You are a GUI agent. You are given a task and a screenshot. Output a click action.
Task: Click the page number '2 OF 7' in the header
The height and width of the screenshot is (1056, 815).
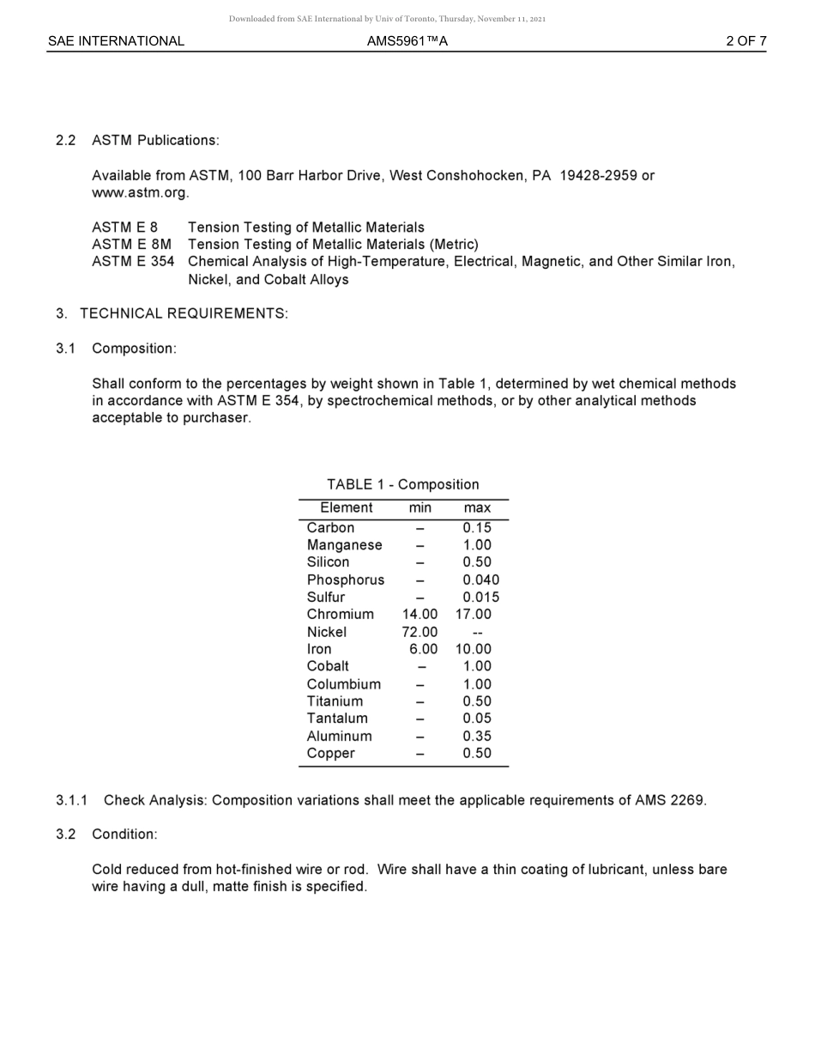tap(746, 41)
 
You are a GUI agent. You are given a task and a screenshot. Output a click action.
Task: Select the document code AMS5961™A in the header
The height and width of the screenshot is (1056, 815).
tap(407, 41)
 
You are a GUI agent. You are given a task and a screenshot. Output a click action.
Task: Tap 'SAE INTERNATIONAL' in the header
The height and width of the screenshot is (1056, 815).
tap(116, 41)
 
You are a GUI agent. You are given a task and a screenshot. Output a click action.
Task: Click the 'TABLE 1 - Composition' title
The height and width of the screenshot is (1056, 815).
tap(402, 484)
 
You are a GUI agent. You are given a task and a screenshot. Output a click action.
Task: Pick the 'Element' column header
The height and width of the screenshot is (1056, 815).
tap(346, 508)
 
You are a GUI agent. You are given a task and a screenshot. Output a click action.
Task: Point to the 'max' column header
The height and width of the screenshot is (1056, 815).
tap(477, 508)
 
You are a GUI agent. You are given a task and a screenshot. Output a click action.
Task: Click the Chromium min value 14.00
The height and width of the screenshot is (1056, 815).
tap(420, 615)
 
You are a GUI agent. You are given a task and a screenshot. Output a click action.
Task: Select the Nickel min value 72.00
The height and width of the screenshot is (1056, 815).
tap(420, 632)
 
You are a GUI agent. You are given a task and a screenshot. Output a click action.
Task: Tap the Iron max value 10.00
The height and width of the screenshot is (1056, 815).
tap(473, 649)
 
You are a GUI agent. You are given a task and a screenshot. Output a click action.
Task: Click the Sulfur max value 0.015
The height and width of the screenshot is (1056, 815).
tap(480, 598)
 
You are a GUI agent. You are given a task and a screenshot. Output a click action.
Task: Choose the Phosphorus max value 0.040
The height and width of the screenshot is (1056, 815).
tap(480, 580)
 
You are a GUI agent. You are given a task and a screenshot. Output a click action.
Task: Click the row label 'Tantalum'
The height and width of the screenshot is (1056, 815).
tap(337, 719)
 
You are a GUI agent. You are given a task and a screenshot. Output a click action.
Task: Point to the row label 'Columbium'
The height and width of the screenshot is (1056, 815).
tap(343, 684)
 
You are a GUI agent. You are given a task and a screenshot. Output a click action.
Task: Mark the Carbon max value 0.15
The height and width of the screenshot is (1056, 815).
tap(477, 528)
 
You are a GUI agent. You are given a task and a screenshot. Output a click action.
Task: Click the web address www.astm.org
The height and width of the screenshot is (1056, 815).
tap(140, 192)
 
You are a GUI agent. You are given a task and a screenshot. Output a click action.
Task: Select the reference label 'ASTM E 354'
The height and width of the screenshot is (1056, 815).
tap(133, 262)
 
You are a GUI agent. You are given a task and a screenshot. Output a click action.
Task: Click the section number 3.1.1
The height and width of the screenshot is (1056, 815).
tap(72, 800)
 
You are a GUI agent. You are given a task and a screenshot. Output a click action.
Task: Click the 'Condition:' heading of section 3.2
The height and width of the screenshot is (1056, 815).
tap(124, 834)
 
